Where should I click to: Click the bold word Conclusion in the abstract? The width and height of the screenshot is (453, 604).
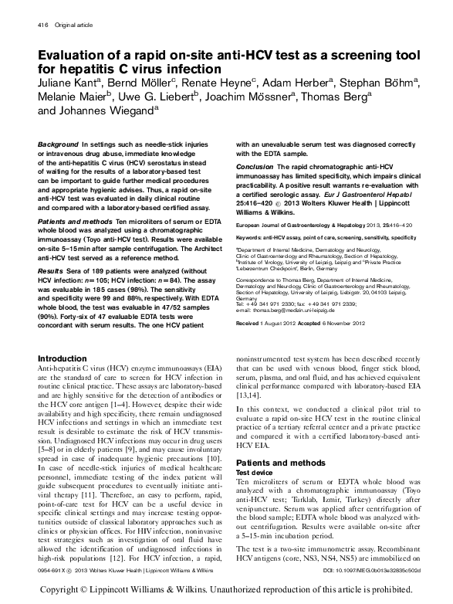pyautogui.click(x=255, y=166)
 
